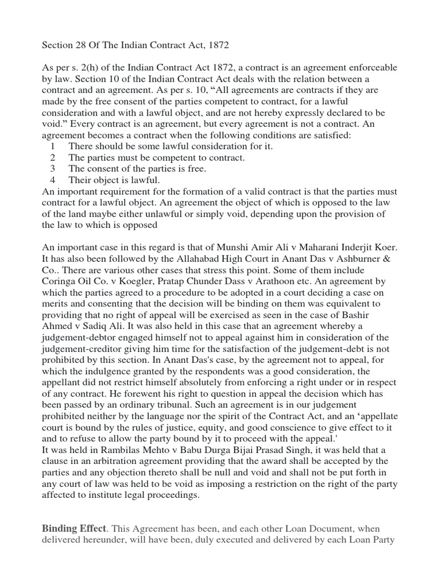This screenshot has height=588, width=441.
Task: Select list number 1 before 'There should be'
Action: [53, 146]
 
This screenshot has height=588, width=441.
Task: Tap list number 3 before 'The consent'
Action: [53, 168]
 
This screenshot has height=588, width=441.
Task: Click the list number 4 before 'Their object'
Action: [53, 180]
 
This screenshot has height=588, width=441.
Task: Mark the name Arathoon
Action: [293, 281]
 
